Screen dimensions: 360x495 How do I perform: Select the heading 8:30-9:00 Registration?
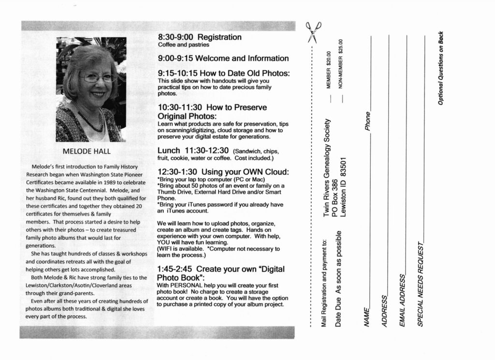coord(200,37)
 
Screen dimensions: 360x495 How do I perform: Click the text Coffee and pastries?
coord(184,45)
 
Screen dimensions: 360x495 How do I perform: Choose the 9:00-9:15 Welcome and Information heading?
coord(223,59)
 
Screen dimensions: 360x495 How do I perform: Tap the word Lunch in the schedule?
coord(169,150)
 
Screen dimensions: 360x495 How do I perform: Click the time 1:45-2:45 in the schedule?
coord(175,269)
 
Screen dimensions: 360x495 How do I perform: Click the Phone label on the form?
coord(368,121)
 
